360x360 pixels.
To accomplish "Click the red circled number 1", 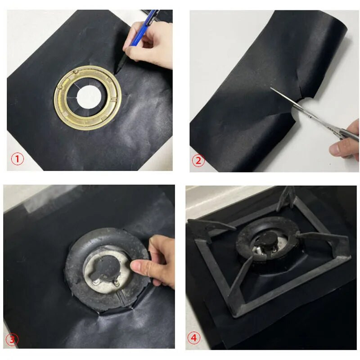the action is (18, 158).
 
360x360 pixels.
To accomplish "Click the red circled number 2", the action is (198, 160).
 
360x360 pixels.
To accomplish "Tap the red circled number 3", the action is (12, 339).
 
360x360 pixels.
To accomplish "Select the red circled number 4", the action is (194, 338).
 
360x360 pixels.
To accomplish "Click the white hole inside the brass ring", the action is (89, 96).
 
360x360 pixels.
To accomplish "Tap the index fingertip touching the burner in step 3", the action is (136, 267).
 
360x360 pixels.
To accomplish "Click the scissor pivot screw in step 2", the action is (310, 117).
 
